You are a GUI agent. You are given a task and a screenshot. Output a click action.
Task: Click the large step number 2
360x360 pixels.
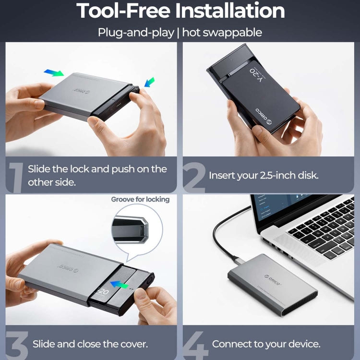194,176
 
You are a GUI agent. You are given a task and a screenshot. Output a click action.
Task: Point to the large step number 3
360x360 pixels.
15,343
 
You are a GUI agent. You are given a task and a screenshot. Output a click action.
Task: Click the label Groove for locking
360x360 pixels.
140,199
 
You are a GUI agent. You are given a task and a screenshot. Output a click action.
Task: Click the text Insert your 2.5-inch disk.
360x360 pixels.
264,176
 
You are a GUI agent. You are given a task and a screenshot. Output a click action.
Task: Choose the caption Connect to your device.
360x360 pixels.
266,344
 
